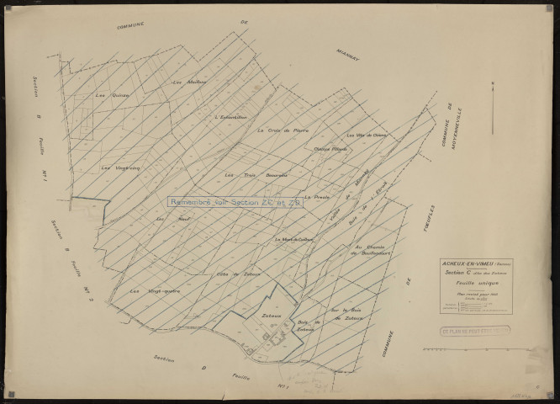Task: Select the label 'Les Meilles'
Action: (188, 82)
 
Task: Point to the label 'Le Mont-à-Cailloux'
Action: (293, 238)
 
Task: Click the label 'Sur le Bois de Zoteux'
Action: (346, 315)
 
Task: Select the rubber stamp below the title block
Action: (477, 332)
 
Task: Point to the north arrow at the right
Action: (493, 105)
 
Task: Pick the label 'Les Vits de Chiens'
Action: (366, 135)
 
